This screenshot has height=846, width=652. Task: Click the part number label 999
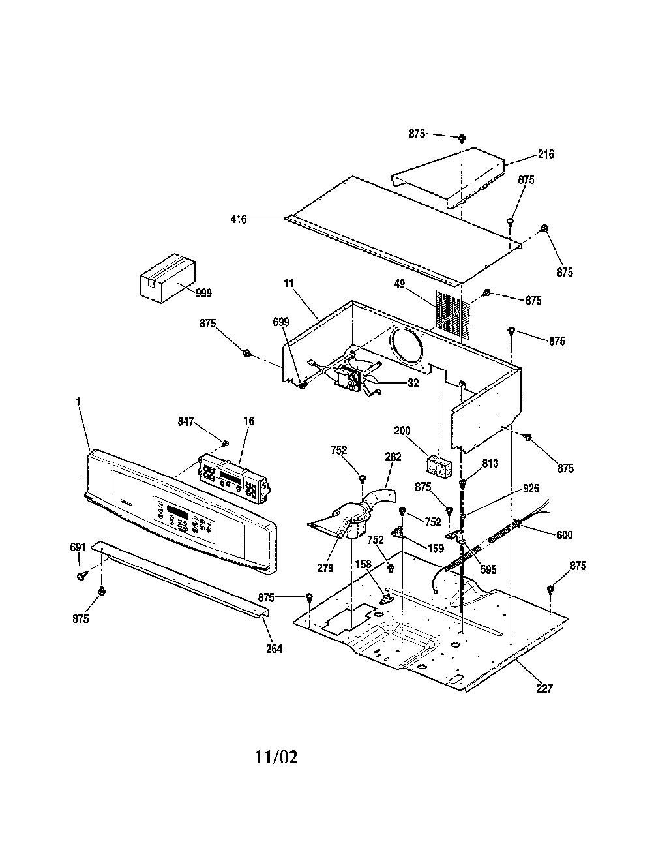[x=203, y=294]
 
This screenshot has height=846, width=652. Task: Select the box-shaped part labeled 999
[x=168, y=278]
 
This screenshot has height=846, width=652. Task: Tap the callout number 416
[x=239, y=220]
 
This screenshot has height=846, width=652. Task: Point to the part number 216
[x=546, y=154]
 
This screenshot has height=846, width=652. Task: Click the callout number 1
[x=79, y=402]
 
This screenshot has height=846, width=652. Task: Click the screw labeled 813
[x=462, y=483]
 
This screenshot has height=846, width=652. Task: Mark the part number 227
[x=544, y=689]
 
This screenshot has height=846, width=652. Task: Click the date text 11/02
[x=276, y=757]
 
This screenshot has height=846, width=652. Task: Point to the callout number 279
[x=325, y=568]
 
